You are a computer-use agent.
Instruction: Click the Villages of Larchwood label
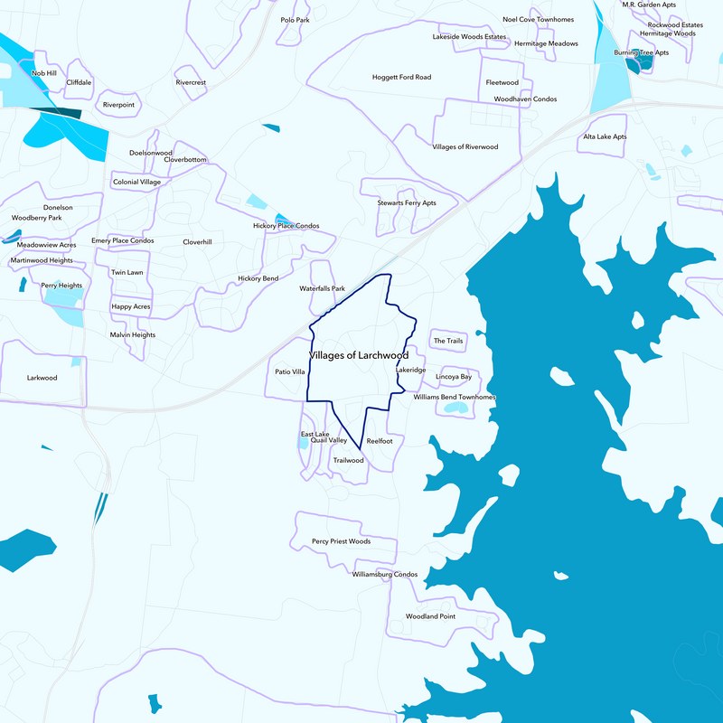[x=359, y=355]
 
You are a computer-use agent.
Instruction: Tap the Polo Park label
[x=295, y=19]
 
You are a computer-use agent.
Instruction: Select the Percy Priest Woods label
[x=341, y=541]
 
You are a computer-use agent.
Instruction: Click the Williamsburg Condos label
[x=385, y=574]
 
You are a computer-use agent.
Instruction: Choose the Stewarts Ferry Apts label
[x=407, y=202]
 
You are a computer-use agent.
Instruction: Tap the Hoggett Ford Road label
[x=401, y=77]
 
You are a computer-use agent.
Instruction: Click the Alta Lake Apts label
[x=605, y=136]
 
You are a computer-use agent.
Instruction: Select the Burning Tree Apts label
[x=641, y=52]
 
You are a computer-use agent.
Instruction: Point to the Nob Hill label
[x=44, y=72]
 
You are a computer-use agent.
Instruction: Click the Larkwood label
[x=42, y=378]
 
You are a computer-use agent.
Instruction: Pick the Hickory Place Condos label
[x=286, y=225]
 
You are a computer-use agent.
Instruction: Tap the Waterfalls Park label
[x=323, y=288]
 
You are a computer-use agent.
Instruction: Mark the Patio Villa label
[x=290, y=371]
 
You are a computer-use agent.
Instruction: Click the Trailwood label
[x=348, y=460]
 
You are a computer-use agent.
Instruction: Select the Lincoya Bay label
[x=454, y=376]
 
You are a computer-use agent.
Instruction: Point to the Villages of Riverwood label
[x=465, y=146]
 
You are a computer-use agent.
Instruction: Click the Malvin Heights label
[x=133, y=334]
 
